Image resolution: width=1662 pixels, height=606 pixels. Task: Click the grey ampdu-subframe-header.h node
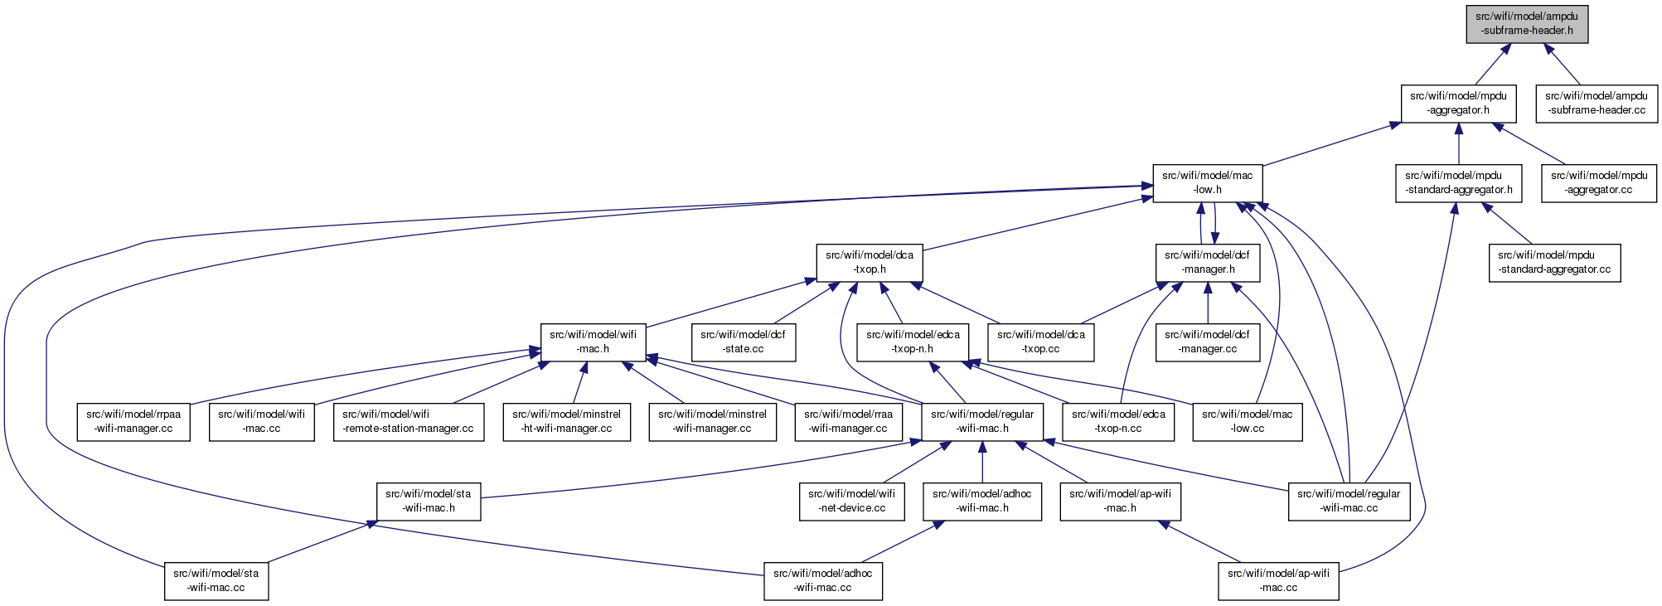coord(1527,23)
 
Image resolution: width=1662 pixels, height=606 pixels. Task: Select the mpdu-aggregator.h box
coord(1458,103)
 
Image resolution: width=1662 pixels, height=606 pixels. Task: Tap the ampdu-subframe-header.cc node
coord(1597,103)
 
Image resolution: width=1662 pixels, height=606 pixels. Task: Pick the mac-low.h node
coord(1208,182)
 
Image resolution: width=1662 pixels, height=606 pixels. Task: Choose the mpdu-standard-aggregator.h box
coord(1459,182)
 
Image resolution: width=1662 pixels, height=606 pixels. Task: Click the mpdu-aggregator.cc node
coord(1599,182)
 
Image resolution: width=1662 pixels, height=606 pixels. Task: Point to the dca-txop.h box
coord(870,262)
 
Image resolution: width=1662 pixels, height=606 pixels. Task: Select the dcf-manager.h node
coord(1208,262)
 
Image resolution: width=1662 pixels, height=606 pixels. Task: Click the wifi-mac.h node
coord(594,342)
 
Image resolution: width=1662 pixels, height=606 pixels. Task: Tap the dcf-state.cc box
coord(744,342)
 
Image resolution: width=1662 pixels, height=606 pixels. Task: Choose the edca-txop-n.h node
coord(913,342)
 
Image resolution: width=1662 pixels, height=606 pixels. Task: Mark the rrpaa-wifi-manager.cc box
coord(133,421)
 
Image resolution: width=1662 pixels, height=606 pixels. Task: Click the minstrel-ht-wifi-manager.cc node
coord(567,421)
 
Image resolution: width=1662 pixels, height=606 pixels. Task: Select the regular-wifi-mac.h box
coord(982,421)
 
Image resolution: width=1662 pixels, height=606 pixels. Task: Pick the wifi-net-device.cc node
coord(852,501)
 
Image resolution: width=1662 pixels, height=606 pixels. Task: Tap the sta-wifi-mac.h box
coord(429,501)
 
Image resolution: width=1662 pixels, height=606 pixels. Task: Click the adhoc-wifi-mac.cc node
coord(823,580)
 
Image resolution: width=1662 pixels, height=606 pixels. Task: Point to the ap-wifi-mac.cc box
coord(1278,580)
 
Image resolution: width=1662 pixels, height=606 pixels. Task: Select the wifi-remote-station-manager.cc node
coord(409,421)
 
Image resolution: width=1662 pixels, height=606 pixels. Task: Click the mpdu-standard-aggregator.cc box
coord(1554,262)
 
